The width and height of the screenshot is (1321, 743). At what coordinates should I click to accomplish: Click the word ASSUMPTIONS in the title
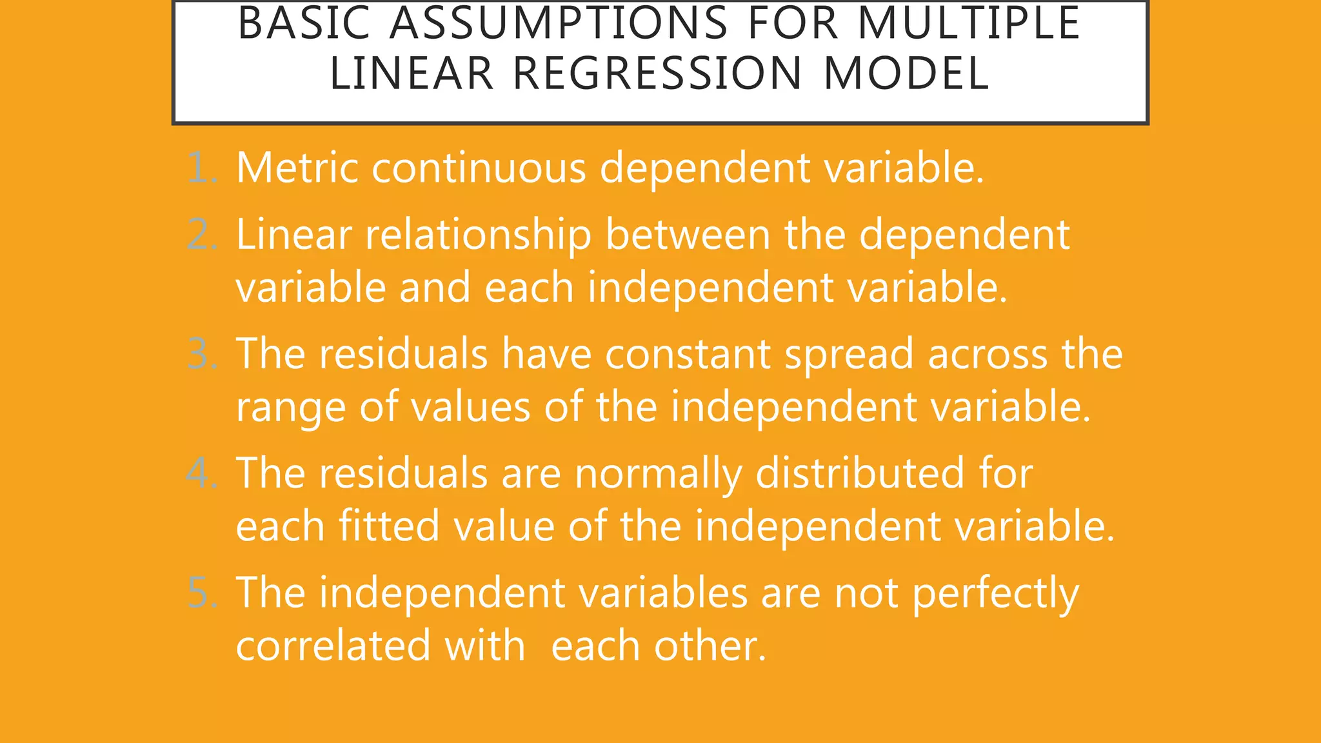[559, 23]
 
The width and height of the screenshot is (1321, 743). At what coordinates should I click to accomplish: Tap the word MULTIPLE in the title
[969, 23]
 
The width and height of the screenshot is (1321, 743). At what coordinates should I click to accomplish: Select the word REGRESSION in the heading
[657, 73]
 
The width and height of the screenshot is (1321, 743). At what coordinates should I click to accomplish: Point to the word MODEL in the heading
[906, 73]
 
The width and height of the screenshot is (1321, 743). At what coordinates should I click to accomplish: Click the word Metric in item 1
[297, 168]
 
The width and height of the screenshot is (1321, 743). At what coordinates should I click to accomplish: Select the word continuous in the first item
[479, 168]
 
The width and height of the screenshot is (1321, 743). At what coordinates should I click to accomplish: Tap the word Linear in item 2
[293, 235]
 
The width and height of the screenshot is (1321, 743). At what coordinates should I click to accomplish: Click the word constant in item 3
[688, 354]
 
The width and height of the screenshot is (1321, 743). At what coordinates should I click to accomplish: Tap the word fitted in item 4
[389, 526]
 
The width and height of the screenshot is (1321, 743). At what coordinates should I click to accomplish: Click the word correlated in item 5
[333, 646]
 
